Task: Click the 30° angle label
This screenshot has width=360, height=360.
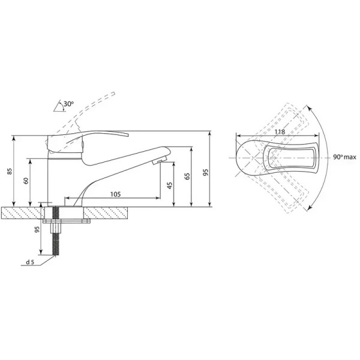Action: (x=68, y=104)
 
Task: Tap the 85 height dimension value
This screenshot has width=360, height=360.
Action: (x=9, y=171)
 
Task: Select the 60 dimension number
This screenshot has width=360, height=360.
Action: (x=26, y=181)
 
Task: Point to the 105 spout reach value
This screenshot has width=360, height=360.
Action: (x=115, y=194)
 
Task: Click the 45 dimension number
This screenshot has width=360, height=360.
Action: (x=170, y=185)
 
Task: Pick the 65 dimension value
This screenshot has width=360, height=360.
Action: (x=188, y=176)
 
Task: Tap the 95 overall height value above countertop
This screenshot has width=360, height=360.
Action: (x=206, y=172)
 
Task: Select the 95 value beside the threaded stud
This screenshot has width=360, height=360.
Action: (x=37, y=230)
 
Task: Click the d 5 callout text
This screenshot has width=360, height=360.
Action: (x=30, y=262)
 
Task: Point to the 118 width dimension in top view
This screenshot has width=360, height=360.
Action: (x=280, y=132)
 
